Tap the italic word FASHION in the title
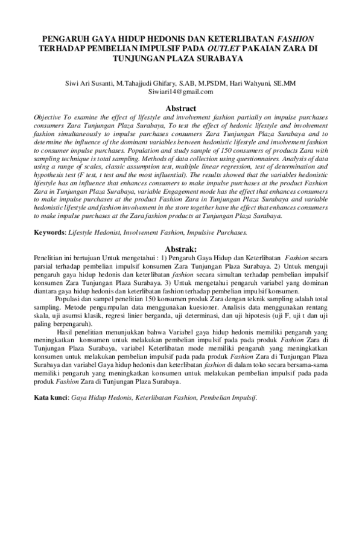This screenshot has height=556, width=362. [x=298, y=38]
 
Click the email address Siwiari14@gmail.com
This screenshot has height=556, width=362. [x=180, y=92]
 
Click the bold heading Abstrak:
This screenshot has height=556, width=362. [x=181, y=248]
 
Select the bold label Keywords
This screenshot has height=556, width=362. [x=49, y=231]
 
